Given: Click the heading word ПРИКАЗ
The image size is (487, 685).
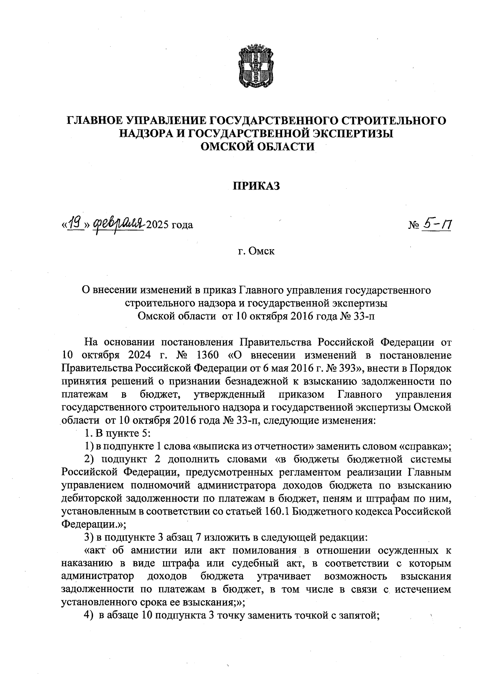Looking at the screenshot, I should click(256, 186).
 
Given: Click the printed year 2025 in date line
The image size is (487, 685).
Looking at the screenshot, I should click(157, 224).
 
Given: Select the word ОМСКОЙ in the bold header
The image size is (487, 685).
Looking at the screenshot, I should click(228, 146).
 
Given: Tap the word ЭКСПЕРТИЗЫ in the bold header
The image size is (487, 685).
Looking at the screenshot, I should click(349, 134).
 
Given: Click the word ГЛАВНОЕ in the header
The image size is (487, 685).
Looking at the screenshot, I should click(95, 121).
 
